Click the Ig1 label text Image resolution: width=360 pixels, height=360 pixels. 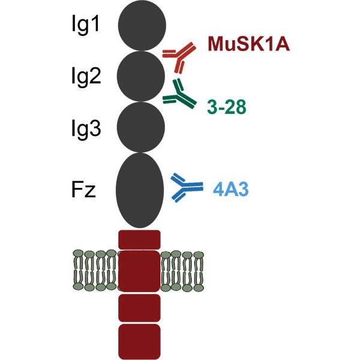tap(85, 26)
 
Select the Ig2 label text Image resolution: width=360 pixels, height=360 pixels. tap(85, 77)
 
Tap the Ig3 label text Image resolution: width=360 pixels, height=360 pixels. tap(85, 128)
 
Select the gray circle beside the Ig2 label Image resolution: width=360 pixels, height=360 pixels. tap(140, 76)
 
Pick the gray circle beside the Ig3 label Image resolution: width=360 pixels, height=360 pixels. tap(140, 127)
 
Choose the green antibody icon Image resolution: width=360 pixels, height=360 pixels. tap(178, 94)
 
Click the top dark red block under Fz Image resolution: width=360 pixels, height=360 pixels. tap(139, 239)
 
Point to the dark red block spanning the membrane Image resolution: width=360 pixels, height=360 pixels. tap(139, 271)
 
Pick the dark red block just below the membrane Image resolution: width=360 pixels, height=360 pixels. tap(139, 307)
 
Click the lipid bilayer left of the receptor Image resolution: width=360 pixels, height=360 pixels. tap(95, 266)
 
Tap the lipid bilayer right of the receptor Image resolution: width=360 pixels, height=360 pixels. tap(183, 266)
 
